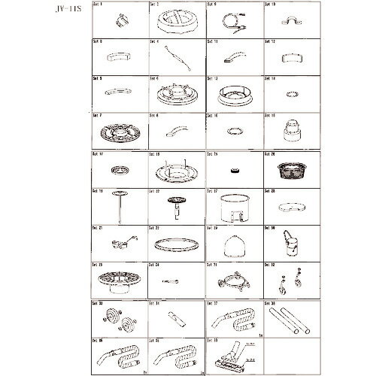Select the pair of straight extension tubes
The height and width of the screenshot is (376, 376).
[x=290, y=319]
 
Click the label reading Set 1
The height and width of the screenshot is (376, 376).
[x=97, y=5]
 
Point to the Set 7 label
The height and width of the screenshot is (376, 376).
[x=97, y=116]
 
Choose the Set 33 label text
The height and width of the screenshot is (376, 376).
[x=97, y=303]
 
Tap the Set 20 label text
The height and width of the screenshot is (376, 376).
[x=270, y=153]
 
